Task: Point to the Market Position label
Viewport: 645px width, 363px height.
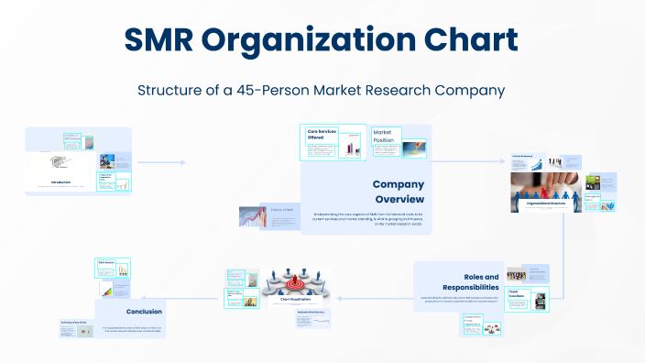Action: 383,137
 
